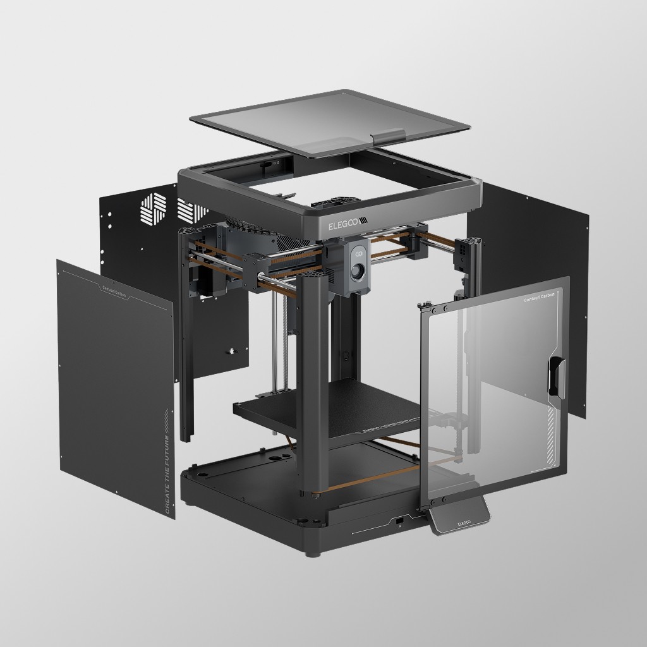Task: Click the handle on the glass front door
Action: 555,377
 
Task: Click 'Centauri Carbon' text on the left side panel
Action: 114,290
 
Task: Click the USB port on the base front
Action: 400,521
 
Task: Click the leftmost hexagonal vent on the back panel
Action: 153,209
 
